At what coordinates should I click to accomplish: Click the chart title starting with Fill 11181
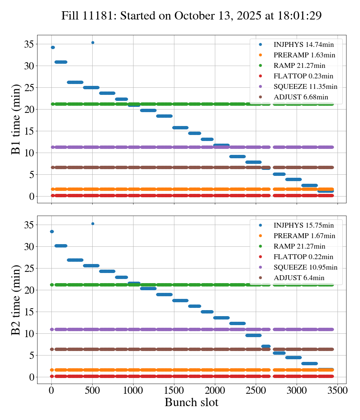click(191, 15)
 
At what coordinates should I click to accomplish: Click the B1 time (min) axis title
click(16, 119)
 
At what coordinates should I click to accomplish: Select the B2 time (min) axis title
click(16, 300)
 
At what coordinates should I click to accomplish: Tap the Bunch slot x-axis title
click(191, 403)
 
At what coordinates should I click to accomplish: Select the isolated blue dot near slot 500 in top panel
click(93, 42)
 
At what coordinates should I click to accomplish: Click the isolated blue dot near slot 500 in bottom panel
click(93, 223)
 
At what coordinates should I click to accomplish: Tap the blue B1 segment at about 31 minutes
click(61, 62)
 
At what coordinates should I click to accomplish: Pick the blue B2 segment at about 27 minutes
click(75, 260)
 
